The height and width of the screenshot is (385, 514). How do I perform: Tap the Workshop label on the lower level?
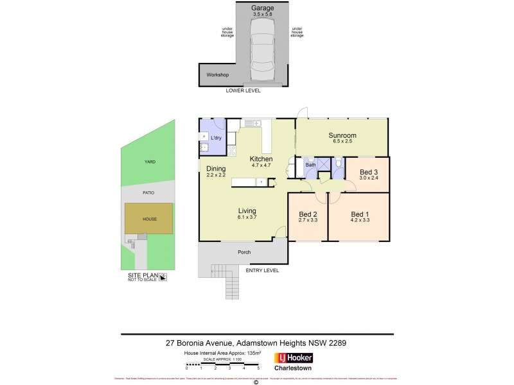coord(217,75)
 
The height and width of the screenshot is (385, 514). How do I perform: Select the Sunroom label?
coord(342,135)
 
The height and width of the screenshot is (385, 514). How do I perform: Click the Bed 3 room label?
coord(368,172)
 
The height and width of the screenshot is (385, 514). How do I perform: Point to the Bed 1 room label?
coord(360,214)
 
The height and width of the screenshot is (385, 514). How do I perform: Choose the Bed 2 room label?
coord(308,214)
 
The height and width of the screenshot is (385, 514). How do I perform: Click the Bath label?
coord(311,165)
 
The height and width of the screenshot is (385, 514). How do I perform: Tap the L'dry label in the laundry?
coord(217,138)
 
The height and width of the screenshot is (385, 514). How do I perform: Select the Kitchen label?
coord(261,159)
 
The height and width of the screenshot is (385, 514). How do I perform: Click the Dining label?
coord(216,169)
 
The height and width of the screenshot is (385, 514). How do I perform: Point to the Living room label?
coord(247,211)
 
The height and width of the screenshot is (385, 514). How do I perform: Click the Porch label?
coord(244,252)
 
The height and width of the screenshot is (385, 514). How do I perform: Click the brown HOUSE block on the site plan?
coord(149,219)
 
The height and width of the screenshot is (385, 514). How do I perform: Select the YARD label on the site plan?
coord(150,162)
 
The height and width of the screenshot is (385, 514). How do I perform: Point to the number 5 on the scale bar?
coord(258,368)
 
